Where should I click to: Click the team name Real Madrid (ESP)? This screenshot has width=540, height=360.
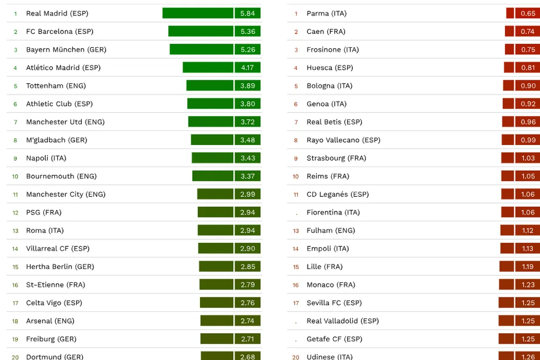(57, 13)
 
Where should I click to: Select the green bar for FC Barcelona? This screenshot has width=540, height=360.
(201, 31)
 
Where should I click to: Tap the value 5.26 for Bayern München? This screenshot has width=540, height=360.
(247, 49)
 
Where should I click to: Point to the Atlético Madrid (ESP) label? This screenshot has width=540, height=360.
(63, 67)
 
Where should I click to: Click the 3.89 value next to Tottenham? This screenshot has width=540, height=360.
(247, 85)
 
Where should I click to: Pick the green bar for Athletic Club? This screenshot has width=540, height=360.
(210, 103)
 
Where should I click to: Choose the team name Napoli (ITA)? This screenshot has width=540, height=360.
(46, 158)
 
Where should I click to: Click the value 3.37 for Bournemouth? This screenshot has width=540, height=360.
(247, 176)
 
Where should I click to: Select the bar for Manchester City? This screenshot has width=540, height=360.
(215, 194)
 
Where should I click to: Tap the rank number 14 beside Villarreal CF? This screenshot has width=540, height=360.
(15, 249)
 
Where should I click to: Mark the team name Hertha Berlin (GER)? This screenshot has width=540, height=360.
(60, 266)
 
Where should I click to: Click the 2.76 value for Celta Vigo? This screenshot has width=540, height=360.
(247, 302)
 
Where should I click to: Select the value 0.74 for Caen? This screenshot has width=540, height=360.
(528, 31)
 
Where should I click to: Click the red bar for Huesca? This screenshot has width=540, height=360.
(509, 67)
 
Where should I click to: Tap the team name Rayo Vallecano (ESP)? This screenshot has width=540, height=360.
(344, 140)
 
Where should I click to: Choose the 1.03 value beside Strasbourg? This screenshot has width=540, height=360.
(528, 158)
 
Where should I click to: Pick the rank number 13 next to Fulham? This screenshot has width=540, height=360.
(296, 231)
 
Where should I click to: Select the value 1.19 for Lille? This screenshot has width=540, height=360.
(528, 266)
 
